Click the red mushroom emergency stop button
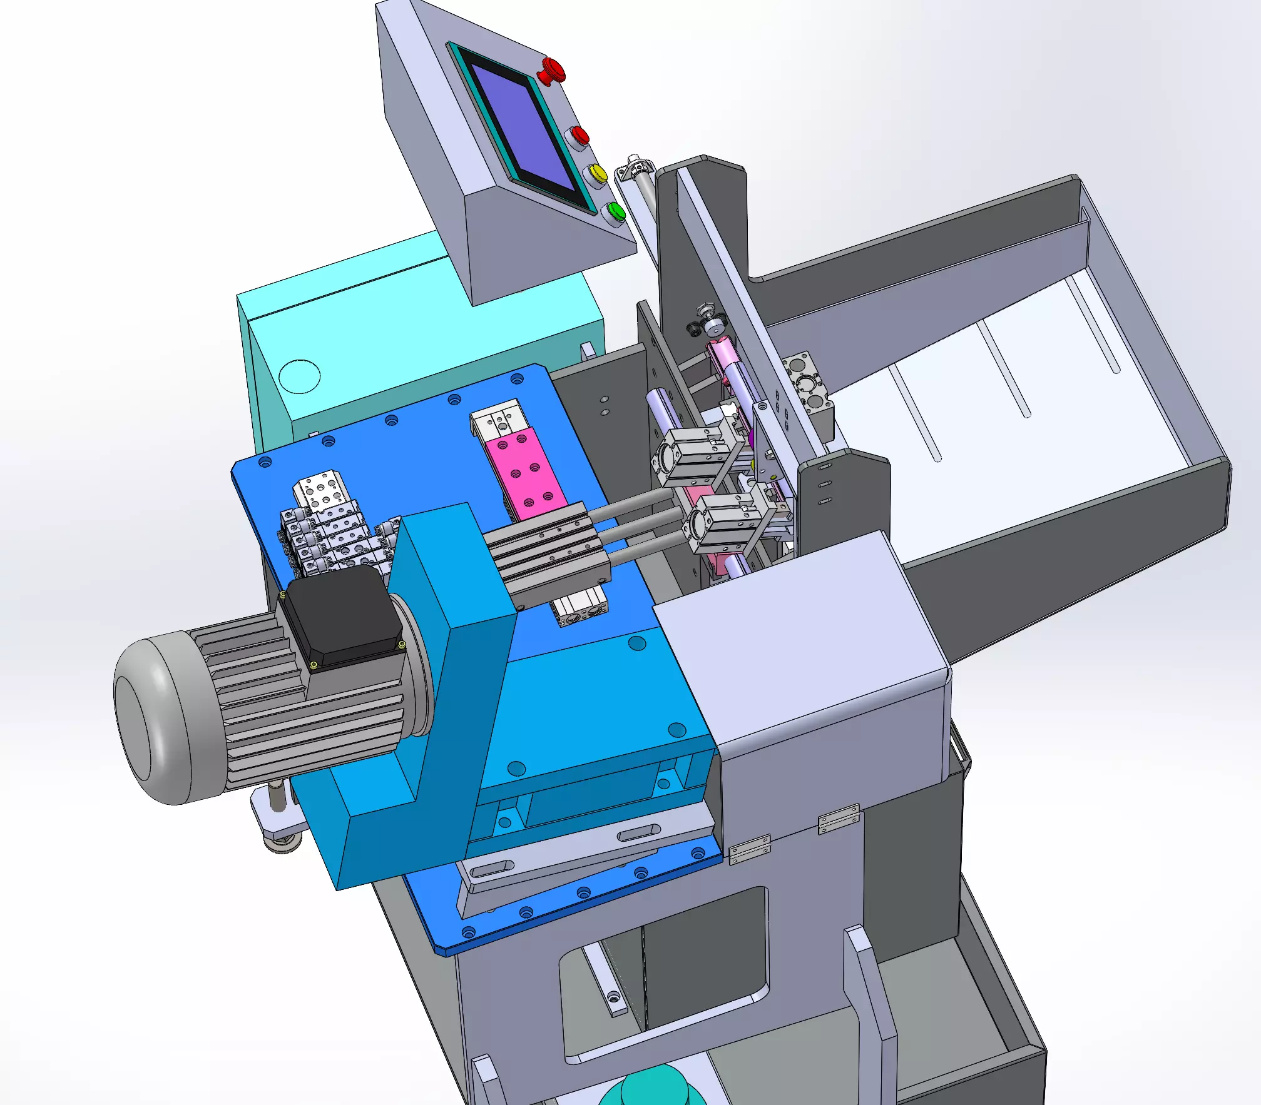[552, 70]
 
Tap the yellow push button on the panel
[597, 173]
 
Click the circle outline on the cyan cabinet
[299, 376]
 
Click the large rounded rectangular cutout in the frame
[663, 976]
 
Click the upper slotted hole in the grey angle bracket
[638, 834]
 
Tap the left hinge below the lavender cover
[750, 849]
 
